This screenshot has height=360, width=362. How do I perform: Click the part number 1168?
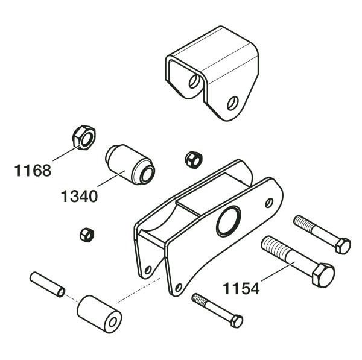click(x=33, y=171)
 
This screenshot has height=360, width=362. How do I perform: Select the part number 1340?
click(x=80, y=197)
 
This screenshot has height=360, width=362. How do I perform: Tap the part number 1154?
click(x=241, y=288)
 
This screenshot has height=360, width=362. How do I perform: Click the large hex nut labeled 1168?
click(x=84, y=137)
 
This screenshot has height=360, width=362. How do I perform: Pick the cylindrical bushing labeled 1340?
click(x=130, y=165)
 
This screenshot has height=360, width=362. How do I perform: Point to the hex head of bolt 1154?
click(x=323, y=275)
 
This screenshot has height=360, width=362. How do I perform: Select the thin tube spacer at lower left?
click(x=47, y=285)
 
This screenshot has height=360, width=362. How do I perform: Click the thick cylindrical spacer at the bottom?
click(x=100, y=314)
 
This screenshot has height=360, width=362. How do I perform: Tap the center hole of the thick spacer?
click(x=113, y=322)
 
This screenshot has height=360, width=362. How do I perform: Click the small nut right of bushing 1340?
click(x=194, y=160)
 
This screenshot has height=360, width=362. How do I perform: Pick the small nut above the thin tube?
click(x=87, y=235)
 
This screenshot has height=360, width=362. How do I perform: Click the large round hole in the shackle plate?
click(x=229, y=221)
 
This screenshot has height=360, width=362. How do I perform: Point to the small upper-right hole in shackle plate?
click(x=269, y=203)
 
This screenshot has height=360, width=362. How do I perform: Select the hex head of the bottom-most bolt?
click(x=237, y=321)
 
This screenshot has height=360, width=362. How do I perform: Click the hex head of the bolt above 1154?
click(x=343, y=246)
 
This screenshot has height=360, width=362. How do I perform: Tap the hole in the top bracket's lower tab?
click(x=232, y=103)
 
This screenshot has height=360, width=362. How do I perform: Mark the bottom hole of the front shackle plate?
click(x=178, y=288)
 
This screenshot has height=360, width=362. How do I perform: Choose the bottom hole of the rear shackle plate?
click(x=148, y=270)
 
